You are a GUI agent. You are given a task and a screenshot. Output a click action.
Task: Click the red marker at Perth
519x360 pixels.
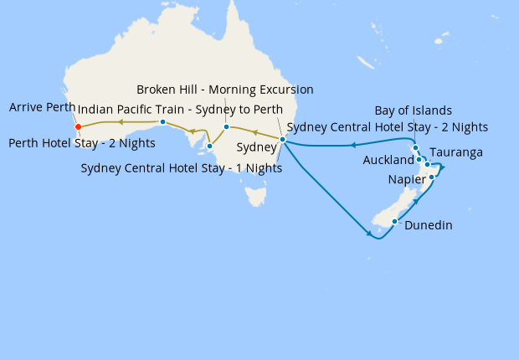coord(78,127)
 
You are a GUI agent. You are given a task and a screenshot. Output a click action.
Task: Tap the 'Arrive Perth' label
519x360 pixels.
coord(42,108)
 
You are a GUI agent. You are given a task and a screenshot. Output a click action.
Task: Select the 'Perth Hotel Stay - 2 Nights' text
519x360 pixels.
coord(81,143)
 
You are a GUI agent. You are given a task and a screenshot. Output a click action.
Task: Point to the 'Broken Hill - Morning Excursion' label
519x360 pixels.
coord(224,90)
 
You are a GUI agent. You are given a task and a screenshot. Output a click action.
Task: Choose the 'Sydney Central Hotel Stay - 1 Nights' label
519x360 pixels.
coord(181,167)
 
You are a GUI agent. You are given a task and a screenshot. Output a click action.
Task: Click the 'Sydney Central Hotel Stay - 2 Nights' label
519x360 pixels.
coord(387,127)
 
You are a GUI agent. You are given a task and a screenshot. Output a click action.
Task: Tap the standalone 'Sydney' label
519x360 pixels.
coord(255,147)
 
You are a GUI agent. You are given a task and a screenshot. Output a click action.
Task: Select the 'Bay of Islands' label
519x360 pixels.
coord(413,111)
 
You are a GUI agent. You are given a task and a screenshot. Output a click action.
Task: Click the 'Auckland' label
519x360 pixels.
coord(388,160)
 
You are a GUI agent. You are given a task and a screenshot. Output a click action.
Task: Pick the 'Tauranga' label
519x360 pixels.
coord(455,153)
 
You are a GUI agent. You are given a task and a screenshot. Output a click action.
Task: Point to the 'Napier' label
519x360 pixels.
coord(407,180)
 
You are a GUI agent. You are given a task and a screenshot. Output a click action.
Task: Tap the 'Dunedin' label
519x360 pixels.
coord(428,224)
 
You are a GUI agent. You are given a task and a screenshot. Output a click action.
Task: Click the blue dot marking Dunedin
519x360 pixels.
coord(394,222)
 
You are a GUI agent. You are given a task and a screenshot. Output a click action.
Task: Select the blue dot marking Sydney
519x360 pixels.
coord(282,139)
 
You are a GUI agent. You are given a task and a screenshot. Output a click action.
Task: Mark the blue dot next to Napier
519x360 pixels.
coord(432,177)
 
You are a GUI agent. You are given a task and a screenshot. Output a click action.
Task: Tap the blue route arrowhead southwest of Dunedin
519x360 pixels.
coord(369,234)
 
